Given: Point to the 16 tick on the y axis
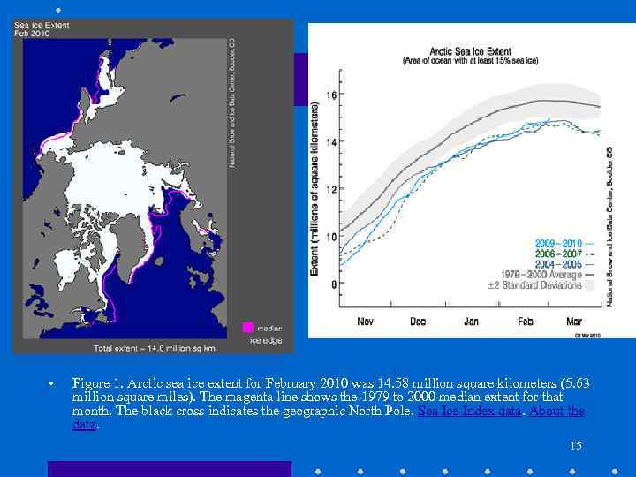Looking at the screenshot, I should pos(332,95).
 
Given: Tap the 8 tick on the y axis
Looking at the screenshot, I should pos(334,284).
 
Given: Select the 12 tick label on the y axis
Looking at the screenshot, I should pos(332,190).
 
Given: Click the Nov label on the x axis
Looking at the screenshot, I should pos(365,322).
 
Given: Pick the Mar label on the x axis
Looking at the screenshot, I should pos(574,322).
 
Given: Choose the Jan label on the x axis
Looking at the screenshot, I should pos(471,322).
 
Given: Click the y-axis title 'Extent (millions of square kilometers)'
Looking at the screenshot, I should pos(314,190).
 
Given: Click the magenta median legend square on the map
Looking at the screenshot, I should pos(248,328).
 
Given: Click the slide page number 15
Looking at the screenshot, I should pos(575,446).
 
